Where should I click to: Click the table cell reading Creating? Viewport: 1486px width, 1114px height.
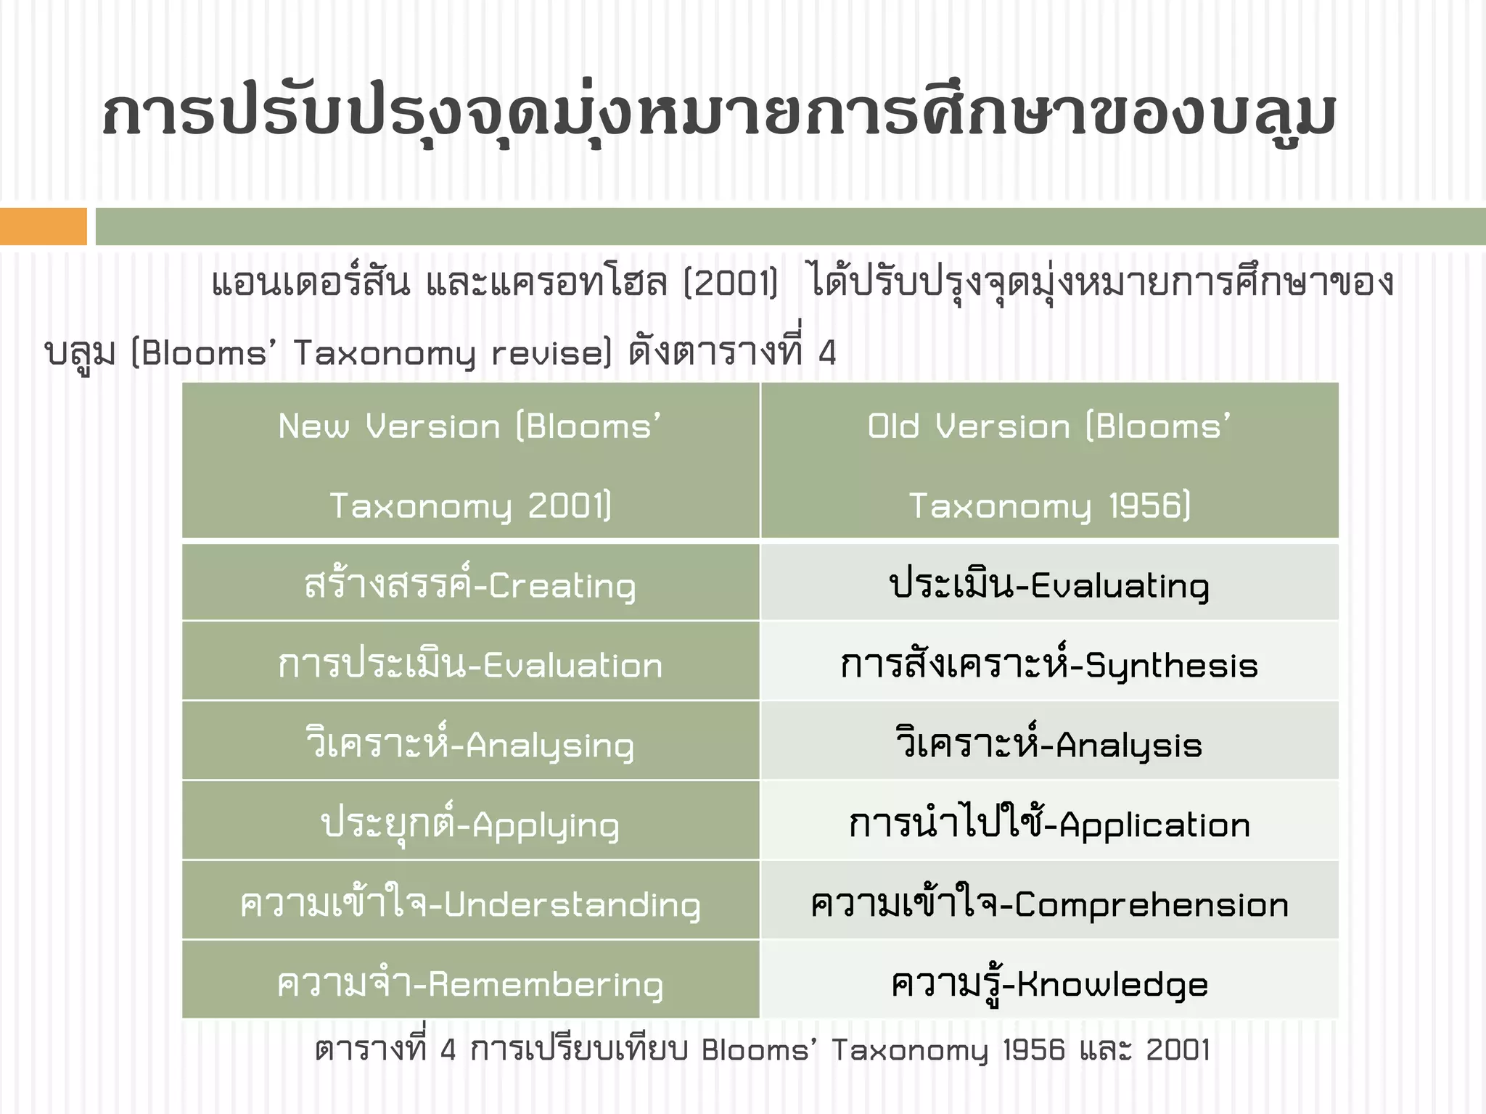pyautogui.click(x=470, y=585)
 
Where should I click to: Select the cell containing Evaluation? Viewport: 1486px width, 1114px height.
pyautogui.click(x=470, y=664)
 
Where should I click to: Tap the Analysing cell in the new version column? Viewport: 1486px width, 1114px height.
pyautogui.click(x=470, y=744)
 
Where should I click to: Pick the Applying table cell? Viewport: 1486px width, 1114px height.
pyautogui.click(x=470, y=824)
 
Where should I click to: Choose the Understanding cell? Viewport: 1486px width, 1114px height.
pyautogui.click(x=470, y=904)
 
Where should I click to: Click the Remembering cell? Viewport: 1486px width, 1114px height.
pyautogui.click(x=470, y=983)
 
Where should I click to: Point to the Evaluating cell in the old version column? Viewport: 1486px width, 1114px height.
pyautogui.click(x=1049, y=585)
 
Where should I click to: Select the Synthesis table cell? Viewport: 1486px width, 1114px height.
pyautogui.click(x=1049, y=664)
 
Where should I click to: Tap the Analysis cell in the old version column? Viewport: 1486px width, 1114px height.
pyautogui.click(x=1049, y=744)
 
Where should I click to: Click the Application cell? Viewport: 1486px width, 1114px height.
pyautogui.click(x=1049, y=824)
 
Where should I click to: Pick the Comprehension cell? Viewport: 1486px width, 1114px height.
pyautogui.click(x=1049, y=904)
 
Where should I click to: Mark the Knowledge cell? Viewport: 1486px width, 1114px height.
pyautogui.click(x=1049, y=983)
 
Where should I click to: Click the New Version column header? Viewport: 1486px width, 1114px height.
pyautogui.click(x=470, y=464)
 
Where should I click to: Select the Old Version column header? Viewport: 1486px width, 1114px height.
pyautogui.click(x=1049, y=464)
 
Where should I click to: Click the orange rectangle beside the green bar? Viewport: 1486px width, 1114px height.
pyautogui.click(x=43, y=226)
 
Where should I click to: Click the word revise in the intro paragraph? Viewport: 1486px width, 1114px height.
pyautogui.click(x=550, y=353)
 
